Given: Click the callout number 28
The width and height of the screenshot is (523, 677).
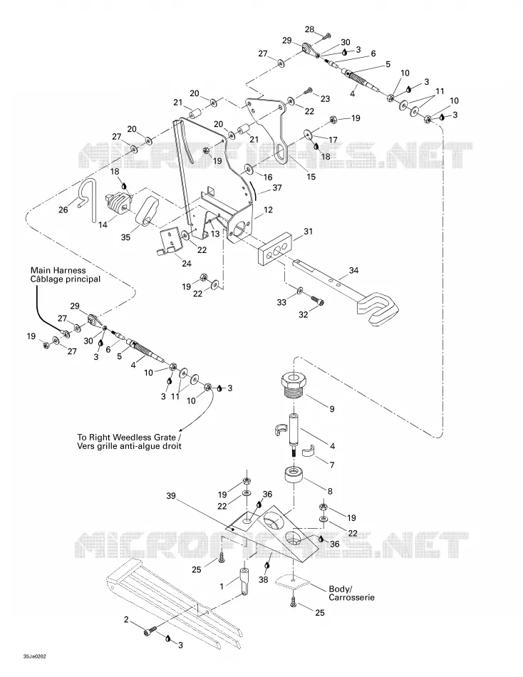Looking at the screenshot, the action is pos(309,29).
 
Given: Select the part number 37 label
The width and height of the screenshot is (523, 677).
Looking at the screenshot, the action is pos(277,188).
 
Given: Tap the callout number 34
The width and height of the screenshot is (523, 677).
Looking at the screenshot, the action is pos(353,270).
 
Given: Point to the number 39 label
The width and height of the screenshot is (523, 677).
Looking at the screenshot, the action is pos(171,496).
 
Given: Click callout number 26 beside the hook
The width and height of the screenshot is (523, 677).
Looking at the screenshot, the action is pos(63,210).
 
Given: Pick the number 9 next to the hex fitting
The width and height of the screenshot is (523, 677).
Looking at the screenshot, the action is pos(331,408).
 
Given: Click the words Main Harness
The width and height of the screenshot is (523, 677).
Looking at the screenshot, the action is pos(58,270).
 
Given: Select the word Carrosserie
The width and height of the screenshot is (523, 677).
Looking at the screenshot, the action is pos(351,598).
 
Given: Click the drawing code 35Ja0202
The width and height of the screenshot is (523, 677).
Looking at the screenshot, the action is pos(35,657).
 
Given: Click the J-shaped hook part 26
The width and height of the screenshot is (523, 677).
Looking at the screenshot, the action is pos(88,200).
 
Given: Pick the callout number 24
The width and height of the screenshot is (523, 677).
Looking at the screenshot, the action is pos(186,263).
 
